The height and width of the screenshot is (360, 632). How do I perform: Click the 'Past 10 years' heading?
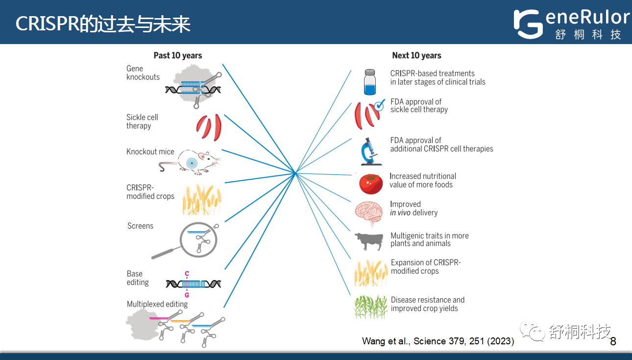click(178, 55)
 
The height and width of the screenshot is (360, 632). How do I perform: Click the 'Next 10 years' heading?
click(416, 55)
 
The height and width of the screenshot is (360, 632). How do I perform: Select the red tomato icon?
click(370, 184)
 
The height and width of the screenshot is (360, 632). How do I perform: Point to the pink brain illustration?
click(369, 213)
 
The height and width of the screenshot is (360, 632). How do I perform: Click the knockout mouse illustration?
click(194, 162)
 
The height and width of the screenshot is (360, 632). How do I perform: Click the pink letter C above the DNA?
click(187, 273)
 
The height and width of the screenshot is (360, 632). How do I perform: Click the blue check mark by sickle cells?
click(379, 104)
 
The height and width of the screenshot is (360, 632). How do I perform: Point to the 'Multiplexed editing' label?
click(157, 304)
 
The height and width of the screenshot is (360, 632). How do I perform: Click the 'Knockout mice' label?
click(150, 152)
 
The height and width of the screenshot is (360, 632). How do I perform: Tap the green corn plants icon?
click(370, 307)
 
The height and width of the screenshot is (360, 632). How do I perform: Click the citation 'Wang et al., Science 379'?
click(438, 341)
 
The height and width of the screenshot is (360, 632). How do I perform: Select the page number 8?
click(613, 341)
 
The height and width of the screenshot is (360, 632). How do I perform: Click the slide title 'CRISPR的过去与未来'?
click(103, 24)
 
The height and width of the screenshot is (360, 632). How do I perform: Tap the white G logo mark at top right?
click(528, 24)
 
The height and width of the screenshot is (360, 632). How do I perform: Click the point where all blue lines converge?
click(295, 172)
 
